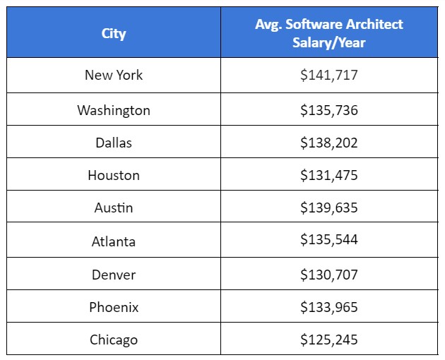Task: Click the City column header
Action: (x=114, y=33)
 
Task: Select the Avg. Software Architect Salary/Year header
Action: (x=328, y=33)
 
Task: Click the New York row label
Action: (x=114, y=75)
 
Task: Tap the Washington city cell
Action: (x=114, y=110)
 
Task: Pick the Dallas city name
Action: (x=114, y=143)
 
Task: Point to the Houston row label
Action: (x=114, y=175)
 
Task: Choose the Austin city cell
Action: (x=114, y=208)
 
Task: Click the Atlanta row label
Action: (x=114, y=241)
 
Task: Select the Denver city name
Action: (x=114, y=274)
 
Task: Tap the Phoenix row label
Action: (x=114, y=307)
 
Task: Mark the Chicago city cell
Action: (x=114, y=340)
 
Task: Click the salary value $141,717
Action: (x=328, y=75)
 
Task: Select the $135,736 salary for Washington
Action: (x=328, y=110)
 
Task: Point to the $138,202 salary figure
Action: (x=328, y=143)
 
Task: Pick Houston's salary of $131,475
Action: (x=328, y=175)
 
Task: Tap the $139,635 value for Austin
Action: (x=328, y=208)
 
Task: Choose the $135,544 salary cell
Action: (x=328, y=241)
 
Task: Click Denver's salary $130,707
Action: (x=328, y=274)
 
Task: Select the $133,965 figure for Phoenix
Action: (x=328, y=307)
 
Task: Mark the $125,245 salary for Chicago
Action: (x=328, y=340)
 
